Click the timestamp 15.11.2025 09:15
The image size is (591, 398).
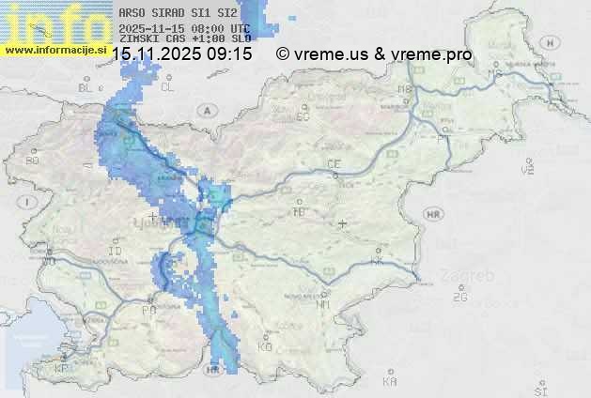pos(182,54)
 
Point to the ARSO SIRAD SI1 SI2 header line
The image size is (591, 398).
pos(179,14)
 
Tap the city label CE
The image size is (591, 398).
pos(334,164)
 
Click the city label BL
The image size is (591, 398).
pos(86,87)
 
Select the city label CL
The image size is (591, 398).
pos(167,86)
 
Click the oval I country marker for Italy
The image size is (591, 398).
pos(29,202)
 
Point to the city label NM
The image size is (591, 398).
pos(324,304)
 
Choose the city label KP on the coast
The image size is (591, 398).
pos(62,369)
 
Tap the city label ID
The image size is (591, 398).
pos(116,252)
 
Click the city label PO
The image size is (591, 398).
pos(148,310)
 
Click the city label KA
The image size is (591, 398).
pos(390,382)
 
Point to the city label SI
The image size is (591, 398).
pos(540,389)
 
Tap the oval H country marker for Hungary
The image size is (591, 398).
pos(554,41)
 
